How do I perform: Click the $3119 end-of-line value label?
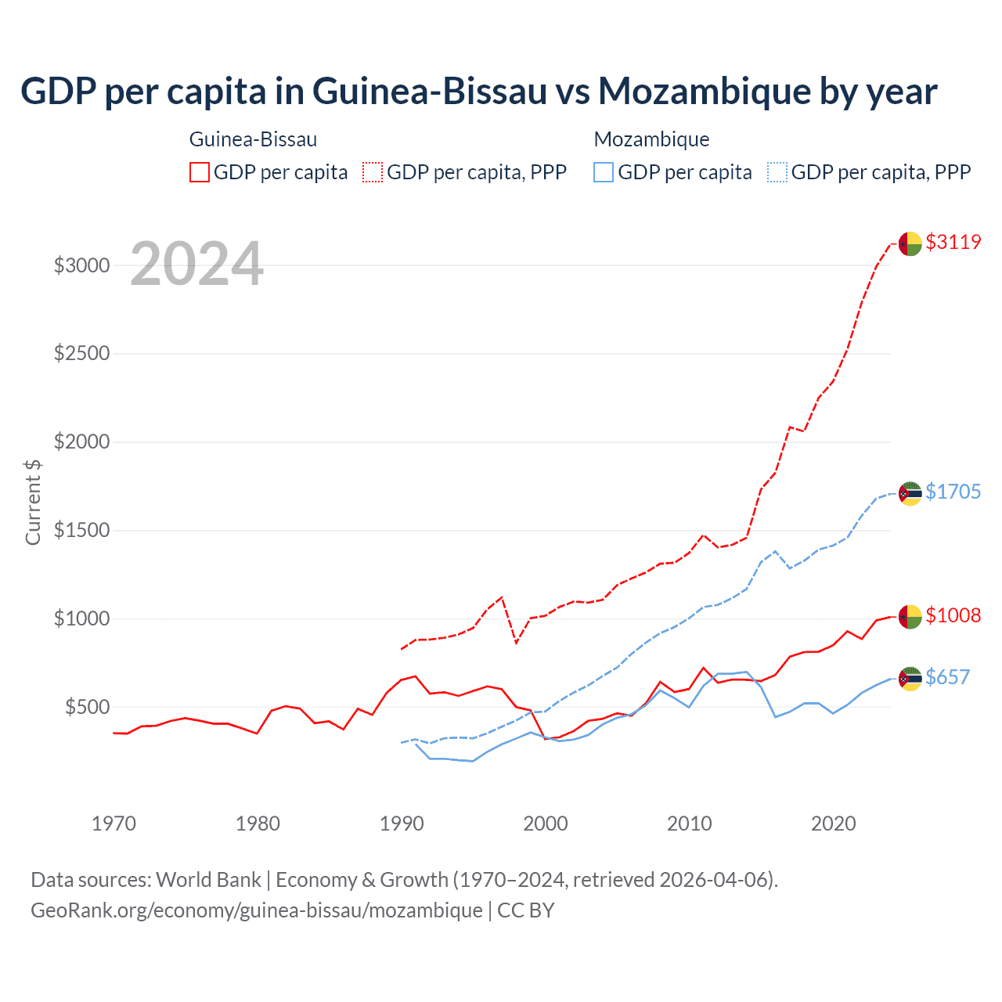coord(953,242)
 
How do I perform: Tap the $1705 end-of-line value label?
coord(953,492)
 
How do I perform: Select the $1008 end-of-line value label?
coord(953,615)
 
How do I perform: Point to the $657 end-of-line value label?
coord(947,677)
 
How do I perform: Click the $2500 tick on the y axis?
coord(81,353)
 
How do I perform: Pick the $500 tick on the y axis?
coord(87,707)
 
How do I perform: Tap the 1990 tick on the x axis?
coord(402,824)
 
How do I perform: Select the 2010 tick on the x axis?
coord(690,824)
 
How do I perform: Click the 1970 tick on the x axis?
coord(114,824)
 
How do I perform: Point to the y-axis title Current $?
coord(33,502)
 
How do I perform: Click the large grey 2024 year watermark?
coord(196,264)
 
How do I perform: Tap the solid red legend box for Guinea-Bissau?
coord(200,172)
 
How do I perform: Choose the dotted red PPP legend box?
coord(373,172)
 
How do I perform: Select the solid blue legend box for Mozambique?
coord(604,172)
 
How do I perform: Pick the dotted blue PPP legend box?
coord(777,172)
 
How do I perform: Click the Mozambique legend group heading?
coord(651,139)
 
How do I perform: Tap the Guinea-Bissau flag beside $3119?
coord(910,243)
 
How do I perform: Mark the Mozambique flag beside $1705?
coord(910,493)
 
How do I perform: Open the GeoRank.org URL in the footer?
coord(257,910)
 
